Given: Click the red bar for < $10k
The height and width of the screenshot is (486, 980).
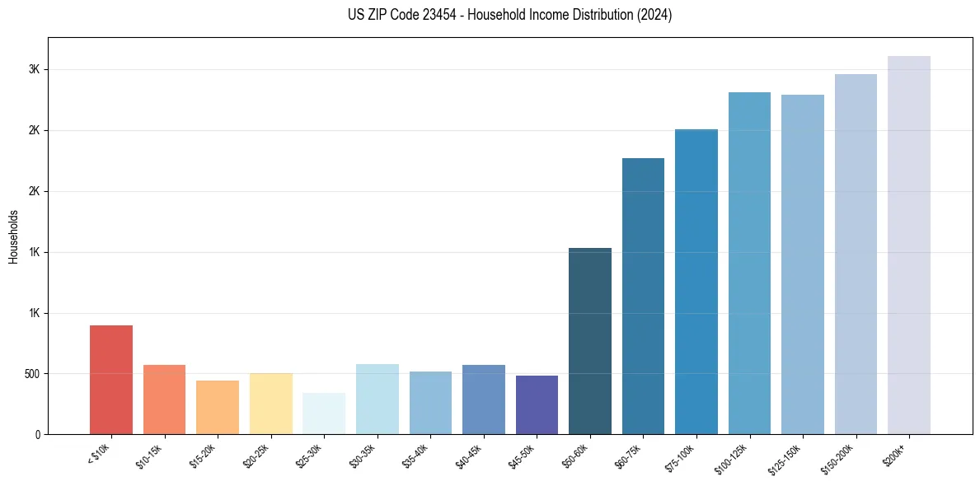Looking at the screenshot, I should pos(111,380).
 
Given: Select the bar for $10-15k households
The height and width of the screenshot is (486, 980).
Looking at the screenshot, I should pos(164,400).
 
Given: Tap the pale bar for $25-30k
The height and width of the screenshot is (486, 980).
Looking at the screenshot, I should pos(324,414).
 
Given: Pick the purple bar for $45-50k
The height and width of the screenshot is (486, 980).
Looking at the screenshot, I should pos(537,404).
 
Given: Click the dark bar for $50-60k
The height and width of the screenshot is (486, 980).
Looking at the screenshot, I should pos(590,341).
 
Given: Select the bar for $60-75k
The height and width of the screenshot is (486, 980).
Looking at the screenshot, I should pos(643,297).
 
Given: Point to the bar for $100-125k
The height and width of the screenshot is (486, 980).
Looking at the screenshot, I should pos(749,264).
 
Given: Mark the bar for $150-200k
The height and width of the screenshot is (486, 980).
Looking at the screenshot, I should pos(856,255).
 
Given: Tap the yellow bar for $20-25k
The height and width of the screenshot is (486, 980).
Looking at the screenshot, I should pos(270,404).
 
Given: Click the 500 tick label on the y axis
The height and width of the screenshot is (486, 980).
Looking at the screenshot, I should pos(30,374).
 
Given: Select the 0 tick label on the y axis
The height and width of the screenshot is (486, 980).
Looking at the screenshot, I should pos(37,435).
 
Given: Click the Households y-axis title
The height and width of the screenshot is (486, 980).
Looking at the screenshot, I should pos(14,236).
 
